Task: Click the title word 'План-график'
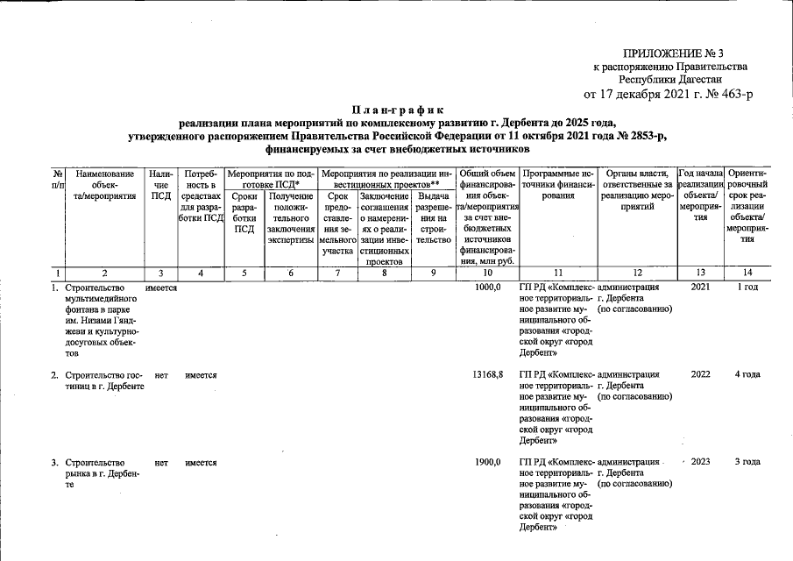coord(396,110)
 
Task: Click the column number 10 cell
coord(487,272)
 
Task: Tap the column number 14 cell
coord(747,272)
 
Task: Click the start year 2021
coord(700,287)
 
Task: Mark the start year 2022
coord(700,374)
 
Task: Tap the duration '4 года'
coord(747,374)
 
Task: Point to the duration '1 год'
coord(747,287)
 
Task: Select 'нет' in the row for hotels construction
coord(160,374)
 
